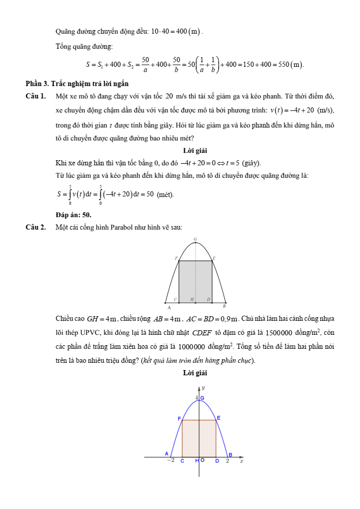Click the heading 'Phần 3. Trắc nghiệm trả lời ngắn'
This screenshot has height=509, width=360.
pyautogui.click(x=77, y=83)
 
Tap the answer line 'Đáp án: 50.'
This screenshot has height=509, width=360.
pyautogui.click(x=74, y=214)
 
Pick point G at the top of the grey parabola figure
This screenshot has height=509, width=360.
pyautogui.click(x=195, y=239)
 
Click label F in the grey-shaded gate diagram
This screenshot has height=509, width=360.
pyautogui.click(x=176, y=258)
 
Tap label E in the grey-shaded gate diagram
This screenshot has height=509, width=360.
pyautogui.click(x=214, y=258)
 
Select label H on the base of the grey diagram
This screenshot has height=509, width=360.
pyautogui.click(x=192, y=300)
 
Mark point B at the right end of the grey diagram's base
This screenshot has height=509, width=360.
pyautogui.click(x=224, y=307)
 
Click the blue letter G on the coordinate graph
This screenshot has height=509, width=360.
pyautogui.click(x=202, y=398)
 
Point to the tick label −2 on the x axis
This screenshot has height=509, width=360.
pyautogui.click(x=170, y=460)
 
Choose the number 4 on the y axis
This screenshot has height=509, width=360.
pyautogui.click(x=197, y=398)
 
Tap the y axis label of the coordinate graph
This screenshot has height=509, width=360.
pyautogui.click(x=203, y=387)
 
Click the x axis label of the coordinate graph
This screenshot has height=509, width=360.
pyautogui.click(x=241, y=460)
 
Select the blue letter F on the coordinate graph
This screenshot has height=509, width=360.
pyautogui.click(x=179, y=418)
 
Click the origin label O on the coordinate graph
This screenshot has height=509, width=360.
pyautogui.click(x=202, y=460)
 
